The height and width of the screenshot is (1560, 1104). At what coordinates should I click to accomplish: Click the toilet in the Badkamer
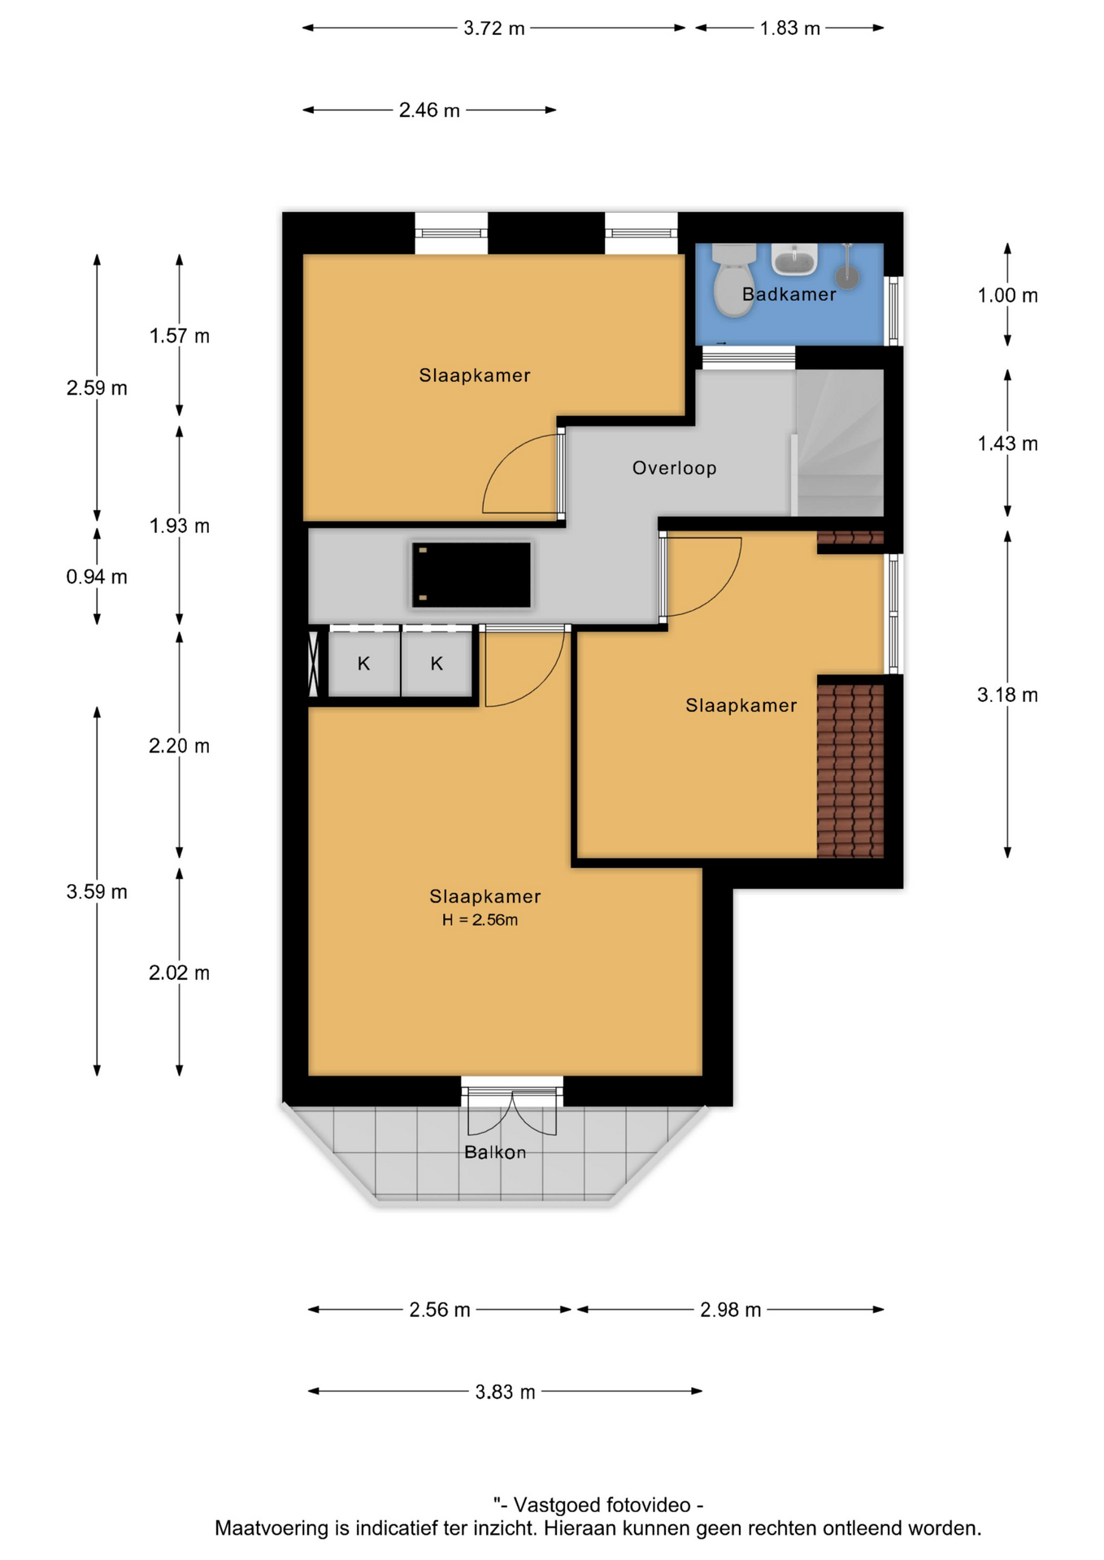click(733, 279)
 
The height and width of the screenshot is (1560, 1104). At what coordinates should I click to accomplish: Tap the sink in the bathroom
click(794, 259)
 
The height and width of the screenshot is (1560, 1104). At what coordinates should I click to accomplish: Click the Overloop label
click(674, 468)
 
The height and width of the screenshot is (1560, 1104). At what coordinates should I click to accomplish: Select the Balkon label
click(495, 1152)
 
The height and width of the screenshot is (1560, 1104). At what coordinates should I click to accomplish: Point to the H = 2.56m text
click(480, 920)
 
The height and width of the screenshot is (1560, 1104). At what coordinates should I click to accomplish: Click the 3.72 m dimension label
click(493, 28)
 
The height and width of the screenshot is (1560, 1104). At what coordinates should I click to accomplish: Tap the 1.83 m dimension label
click(789, 28)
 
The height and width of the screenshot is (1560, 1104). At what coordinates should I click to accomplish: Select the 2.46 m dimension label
click(429, 110)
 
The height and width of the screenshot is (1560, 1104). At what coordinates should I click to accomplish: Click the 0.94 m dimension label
click(97, 577)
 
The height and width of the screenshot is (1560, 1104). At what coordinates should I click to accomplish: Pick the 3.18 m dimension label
click(1007, 695)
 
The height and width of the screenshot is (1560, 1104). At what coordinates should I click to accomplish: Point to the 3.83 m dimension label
click(505, 1392)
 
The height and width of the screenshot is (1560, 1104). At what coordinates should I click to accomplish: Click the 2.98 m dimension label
click(730, 1310)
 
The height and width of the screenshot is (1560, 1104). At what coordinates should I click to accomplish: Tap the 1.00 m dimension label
click(1007, 295)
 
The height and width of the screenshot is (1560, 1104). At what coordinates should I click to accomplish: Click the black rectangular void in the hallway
click(472, 575)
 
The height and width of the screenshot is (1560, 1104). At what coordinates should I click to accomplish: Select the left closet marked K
click(363, 664)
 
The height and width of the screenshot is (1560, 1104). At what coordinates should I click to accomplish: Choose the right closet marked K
click(437, 664)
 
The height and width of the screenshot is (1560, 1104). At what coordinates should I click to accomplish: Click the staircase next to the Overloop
click(840, 443)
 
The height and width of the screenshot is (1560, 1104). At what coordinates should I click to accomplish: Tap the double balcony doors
click(512, 1105)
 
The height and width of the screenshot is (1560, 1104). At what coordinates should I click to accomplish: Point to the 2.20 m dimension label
click(179, 746)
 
